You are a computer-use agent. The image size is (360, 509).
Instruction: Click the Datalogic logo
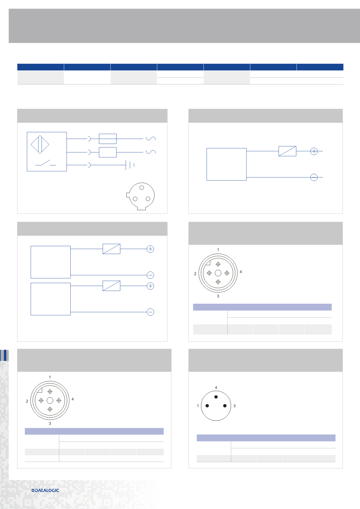(x=45, y=490)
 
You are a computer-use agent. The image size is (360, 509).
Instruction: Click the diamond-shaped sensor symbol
(x=40, y=144)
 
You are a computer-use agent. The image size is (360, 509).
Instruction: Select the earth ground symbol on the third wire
(x=130, y=165)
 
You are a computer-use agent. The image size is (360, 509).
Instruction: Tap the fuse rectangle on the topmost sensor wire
(x=108, y=139)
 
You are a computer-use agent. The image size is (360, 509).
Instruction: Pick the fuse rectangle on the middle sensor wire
(x=108, y=152)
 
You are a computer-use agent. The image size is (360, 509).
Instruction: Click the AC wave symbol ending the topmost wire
(x=151, y=138)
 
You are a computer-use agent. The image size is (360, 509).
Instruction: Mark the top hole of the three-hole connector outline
(x=142, y=188)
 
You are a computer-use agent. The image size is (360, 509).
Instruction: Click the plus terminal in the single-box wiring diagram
(x=314, y=151)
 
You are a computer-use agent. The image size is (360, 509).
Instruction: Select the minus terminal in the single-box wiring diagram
(x=314, y=177)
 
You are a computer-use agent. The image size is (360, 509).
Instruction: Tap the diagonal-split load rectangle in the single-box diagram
(x=287, y=151)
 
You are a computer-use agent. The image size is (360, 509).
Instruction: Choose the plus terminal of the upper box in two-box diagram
(x=150, y=249)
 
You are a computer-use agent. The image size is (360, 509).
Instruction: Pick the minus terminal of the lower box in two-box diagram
(x=150, y=312)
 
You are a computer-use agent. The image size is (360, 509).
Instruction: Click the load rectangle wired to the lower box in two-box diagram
(x=112, y=286)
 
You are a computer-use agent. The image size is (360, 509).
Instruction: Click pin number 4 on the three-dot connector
(x=216, y=387)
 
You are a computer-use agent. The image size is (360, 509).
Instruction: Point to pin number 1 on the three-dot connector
(x=198, y=406)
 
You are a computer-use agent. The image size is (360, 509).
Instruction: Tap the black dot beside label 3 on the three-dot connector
(x=225, y=406)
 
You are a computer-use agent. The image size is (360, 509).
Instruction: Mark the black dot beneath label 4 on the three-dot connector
(x=216, y=397)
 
